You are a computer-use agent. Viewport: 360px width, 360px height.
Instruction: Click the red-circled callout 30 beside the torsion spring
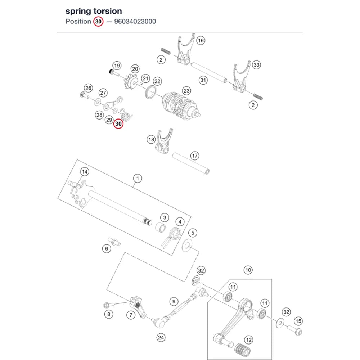tap(118, 124)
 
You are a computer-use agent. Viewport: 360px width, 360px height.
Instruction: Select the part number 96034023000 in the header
tap(135, 21)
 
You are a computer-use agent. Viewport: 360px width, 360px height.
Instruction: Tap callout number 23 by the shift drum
tap(186, 91)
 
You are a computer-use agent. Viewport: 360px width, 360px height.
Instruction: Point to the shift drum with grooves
tap(181, 105)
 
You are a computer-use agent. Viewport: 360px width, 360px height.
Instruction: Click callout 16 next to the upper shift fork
tap(201, 40)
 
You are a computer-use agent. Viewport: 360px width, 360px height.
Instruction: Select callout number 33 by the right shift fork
tap(256, 65)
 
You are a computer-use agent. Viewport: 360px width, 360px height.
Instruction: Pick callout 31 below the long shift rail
tap(203, 80)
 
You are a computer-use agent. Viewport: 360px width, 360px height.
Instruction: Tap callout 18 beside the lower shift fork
tap(151, 139)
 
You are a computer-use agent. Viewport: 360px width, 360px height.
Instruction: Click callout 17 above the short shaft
tap(195, 156)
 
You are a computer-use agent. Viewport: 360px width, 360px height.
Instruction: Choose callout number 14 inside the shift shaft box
tap(85, 171)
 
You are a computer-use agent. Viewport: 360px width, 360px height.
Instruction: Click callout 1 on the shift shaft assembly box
tap(138, 178)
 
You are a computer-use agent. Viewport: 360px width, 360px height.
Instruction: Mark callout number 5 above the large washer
tap(193, 233)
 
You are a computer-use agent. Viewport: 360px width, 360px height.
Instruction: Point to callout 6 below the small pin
tap(107, 248)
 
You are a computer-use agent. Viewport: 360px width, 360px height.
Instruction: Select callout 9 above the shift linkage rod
tap(174, 301)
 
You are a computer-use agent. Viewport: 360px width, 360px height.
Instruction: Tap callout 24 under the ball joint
tap(161, 337)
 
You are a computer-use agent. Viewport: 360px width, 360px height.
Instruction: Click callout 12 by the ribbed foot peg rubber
tap(249, 340)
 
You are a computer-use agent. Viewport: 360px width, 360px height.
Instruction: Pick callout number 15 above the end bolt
tap(298, 321)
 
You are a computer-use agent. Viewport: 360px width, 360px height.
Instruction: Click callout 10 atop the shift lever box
tap(248, 270)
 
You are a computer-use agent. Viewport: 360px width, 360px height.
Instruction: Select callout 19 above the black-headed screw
tap(117, 66)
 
